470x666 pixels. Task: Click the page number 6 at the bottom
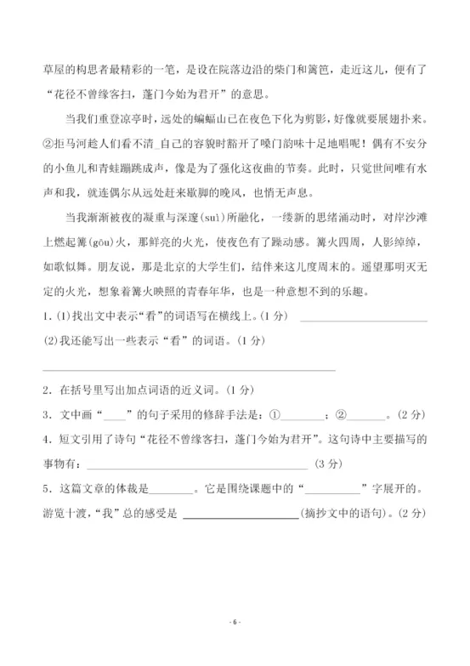point(235,623)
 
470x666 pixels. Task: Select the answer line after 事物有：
point(197,464)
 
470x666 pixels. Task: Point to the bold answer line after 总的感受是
point(241,514)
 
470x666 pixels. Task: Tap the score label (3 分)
point(327,464)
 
